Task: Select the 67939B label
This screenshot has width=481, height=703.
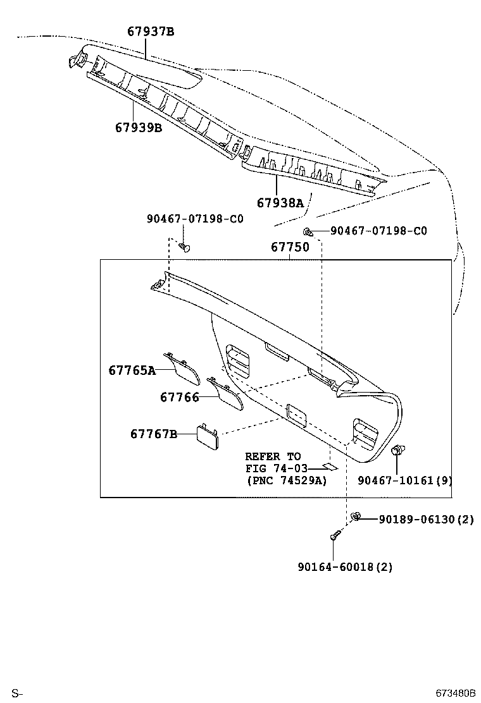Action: click(x=139, y=128)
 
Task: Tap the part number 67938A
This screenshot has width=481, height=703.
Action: click(x=280, y=202)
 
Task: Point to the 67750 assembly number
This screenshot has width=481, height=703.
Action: click(x=290, y=247)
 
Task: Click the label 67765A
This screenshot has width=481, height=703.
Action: click(x=132, y=370)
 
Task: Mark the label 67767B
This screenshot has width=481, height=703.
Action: click(x=154, y=434)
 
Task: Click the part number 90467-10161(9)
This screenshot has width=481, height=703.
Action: click(x=405, y=480)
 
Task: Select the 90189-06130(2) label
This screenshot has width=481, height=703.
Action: click(x=426, y=519)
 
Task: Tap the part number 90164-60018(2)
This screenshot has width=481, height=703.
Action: click(x=345, y=567)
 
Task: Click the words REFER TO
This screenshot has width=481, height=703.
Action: click(x=273, y=456)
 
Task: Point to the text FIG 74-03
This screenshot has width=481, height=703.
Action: click(x=276, y=468)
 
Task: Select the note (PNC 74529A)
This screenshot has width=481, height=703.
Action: click(x=286, y=480)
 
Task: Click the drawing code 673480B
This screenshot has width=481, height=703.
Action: click(x=454, y=694)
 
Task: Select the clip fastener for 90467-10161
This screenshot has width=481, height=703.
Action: click(x=398, y=451)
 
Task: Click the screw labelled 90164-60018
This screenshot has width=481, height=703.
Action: click(x=334, y=537)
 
